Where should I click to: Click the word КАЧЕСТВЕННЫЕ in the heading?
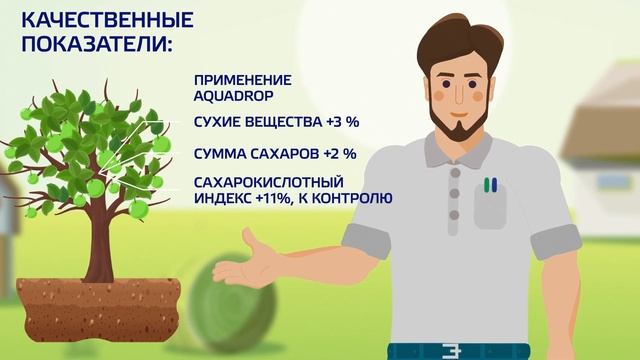pyautogui.click(x=94, y=20)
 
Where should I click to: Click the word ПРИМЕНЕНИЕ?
pyautogui.click(x=243, y=80)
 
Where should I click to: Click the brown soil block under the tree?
pyautogui.click(x=100, y=305)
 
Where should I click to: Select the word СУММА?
pyautogui.click(x=224, y=154)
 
